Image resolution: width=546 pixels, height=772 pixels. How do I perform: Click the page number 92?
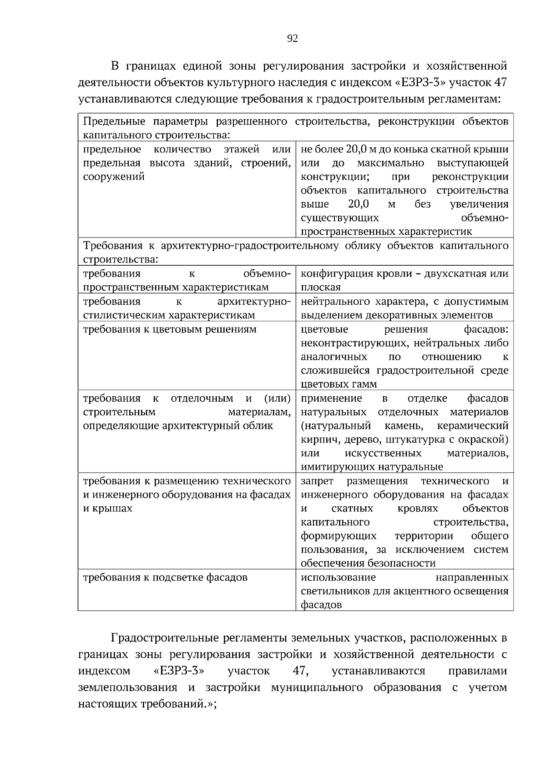[293, 39]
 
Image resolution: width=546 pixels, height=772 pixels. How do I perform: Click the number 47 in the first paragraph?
[500, 82]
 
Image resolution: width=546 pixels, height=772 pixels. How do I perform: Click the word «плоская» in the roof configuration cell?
[321, 288]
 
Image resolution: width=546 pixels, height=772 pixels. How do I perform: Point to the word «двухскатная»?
[460, 274]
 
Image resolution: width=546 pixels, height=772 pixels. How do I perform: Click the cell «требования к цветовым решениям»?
[169, 329]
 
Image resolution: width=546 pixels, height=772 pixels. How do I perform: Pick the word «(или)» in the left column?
[277, 399]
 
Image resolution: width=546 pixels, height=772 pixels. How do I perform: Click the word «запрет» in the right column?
[317, 481]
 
